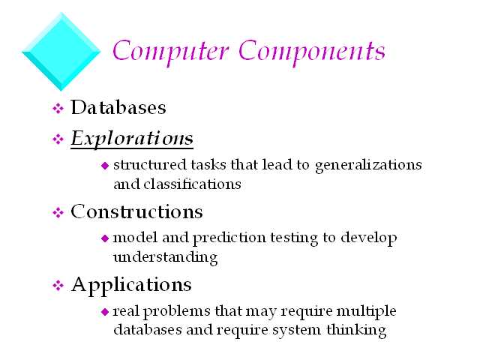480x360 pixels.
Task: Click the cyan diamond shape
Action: pos(61,52)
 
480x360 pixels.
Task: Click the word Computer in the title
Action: pos(171,52)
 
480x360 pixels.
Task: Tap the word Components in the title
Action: pos(312,52)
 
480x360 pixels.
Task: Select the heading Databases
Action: pos(118,107)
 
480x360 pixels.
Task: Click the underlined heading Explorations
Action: pos(132,139)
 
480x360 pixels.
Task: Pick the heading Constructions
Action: pos(136,211)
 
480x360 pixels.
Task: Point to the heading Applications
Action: pos(131,285)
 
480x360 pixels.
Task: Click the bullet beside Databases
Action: pos(58,108)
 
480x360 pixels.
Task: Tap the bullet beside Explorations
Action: pos(58,139)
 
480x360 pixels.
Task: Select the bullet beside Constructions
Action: pos(58,212)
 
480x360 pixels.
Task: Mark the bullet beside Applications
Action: pos(58,286)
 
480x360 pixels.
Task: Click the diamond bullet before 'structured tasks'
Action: pos(105,166)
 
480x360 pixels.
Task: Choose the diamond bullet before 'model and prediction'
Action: pos(105,238)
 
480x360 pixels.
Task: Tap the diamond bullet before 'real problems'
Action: pos(105,312)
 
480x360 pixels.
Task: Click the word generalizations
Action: pos(368,166)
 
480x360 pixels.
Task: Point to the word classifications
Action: pos(192,184)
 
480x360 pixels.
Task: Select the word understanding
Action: pos(166,257)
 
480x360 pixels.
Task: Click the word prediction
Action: pos(229,238)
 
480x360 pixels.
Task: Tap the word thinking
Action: pos(356,331)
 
